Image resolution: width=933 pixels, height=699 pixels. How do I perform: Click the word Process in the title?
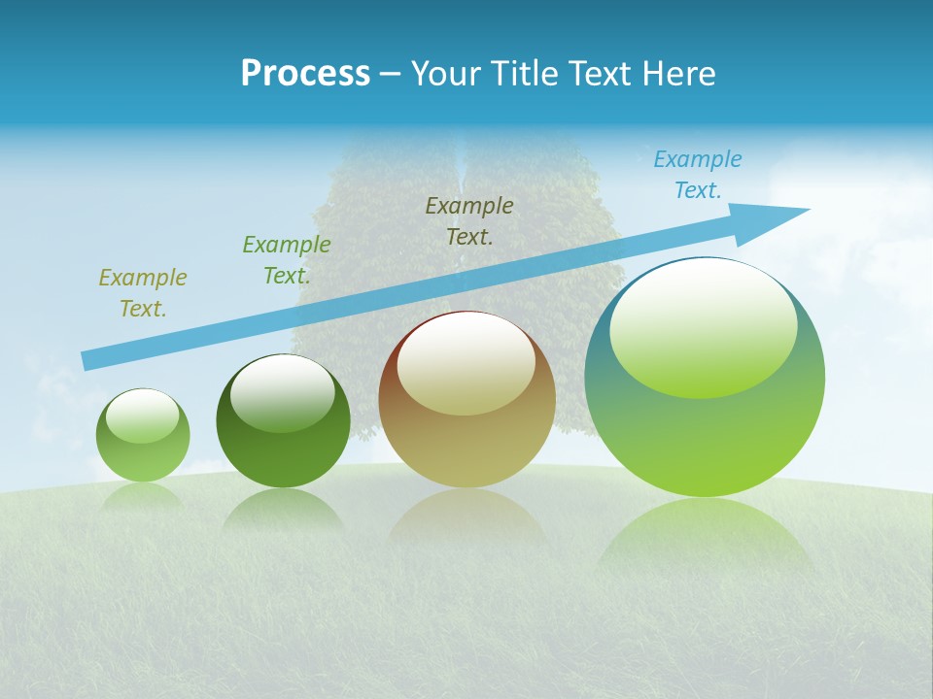(x=305, y=74)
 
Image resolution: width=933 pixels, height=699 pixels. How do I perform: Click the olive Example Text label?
(x=143, y=293)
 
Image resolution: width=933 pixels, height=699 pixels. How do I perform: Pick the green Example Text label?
(x=287, y=260)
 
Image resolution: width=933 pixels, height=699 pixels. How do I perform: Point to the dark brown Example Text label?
(x=469, y=220)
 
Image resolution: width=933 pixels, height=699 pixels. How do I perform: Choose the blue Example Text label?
(x=698, y=175)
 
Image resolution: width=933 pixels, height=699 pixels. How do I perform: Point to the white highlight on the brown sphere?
(x=466, y=362)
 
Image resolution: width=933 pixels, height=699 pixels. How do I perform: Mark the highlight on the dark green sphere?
(x=282, y=393)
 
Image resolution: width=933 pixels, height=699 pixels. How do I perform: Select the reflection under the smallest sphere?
(x=143, y=496)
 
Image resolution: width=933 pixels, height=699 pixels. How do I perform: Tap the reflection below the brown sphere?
(x=466, y=515)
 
